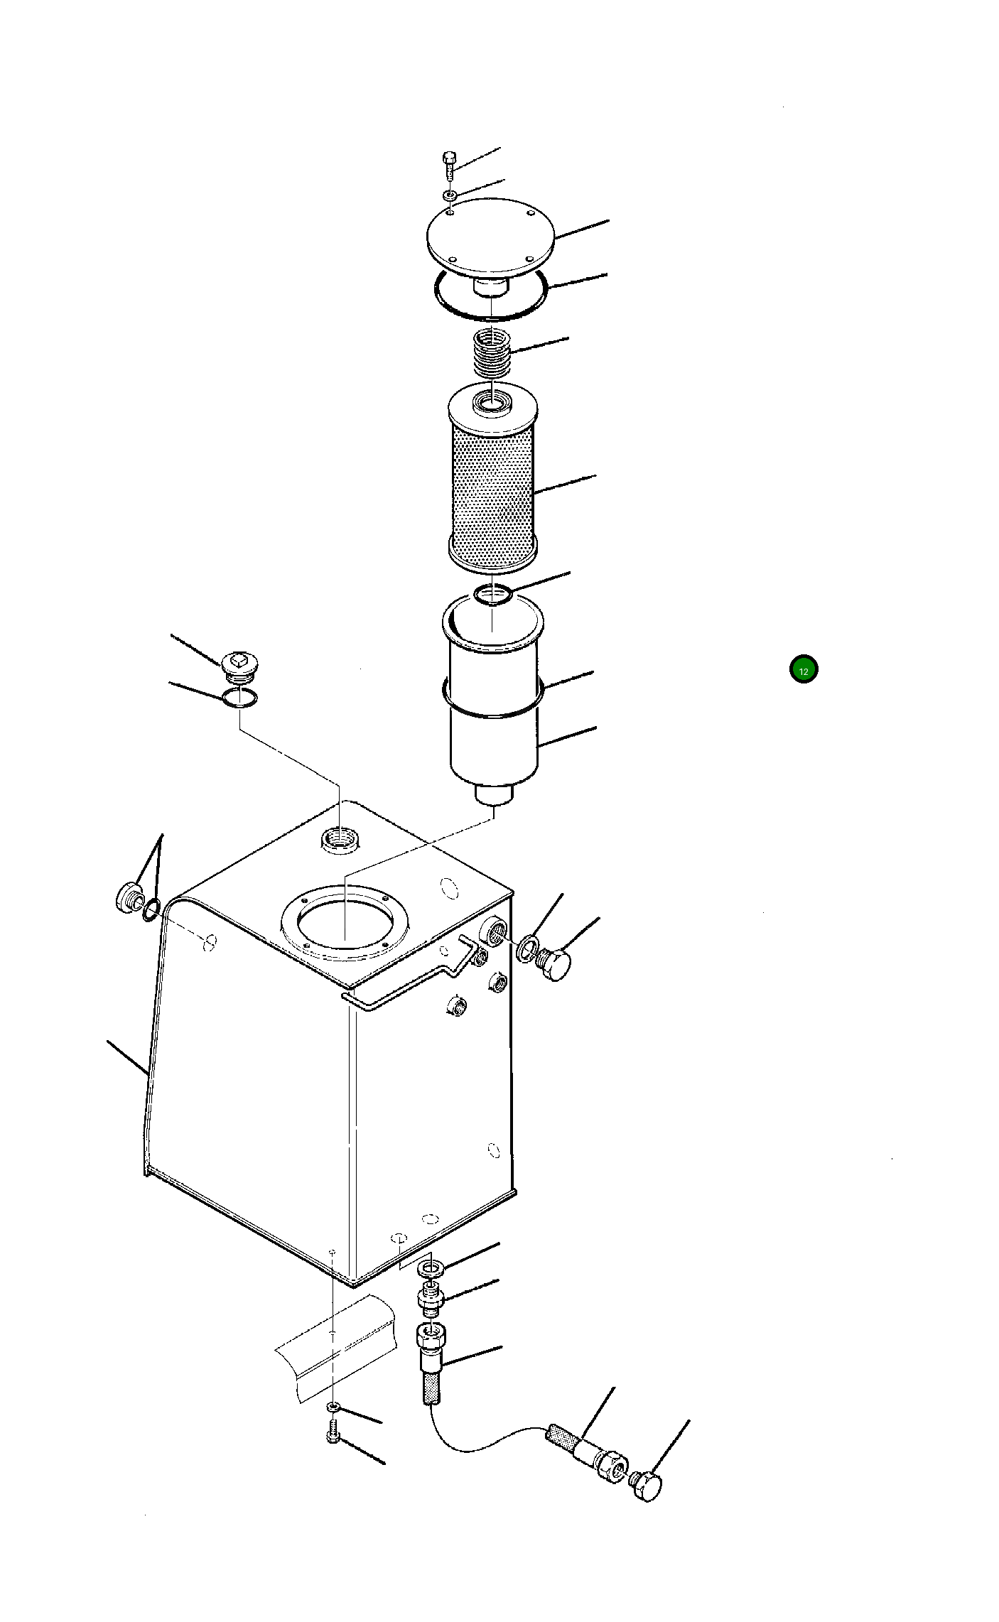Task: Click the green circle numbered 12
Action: tap(804, 669)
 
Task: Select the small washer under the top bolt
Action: tap(450, 194)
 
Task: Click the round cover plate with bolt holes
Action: tap(490, 237)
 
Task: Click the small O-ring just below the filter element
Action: tap(493, 593)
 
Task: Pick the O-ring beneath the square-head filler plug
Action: tap(239, 698)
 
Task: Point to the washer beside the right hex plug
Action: tap(528, 948)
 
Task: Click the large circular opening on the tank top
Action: tap(345, 921)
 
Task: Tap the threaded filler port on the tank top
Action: tap(340, 838)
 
